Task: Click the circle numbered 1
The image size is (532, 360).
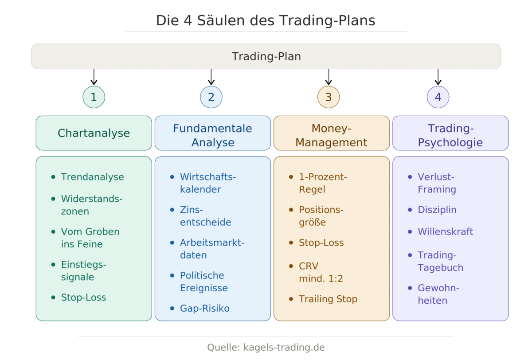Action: click(94, 97)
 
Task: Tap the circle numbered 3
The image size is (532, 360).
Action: click(328, 97)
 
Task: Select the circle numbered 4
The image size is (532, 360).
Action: click(438, 97)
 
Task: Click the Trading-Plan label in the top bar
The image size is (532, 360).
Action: click(266, 57)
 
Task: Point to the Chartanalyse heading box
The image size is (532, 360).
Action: click(94, 133)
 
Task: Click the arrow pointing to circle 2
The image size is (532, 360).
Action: click(211, 77)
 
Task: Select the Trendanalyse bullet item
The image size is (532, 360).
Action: click(92, 177)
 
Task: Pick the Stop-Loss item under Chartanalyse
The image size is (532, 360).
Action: click(83, 297)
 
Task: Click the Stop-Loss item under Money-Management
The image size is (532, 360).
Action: click(321, 243)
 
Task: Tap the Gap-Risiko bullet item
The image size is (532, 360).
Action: click(204, 308)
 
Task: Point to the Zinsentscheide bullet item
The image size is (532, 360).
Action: click(205, 216)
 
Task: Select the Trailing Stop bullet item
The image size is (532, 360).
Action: click(328, 299)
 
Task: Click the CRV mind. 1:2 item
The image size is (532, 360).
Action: click(321, 272)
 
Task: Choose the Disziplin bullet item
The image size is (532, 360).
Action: click(437, 210)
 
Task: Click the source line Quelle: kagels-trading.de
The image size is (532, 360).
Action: click(266, 347)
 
